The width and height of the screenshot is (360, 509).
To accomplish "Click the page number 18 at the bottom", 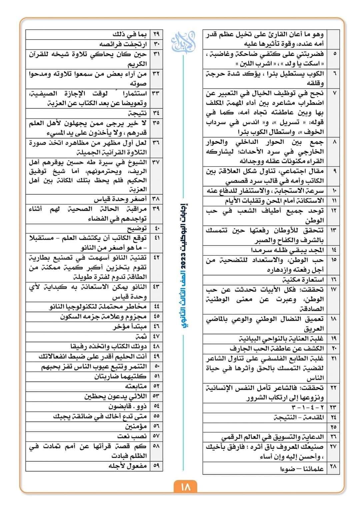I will (x=185, y=487).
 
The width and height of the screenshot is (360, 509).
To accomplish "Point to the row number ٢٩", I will (x=156, y=34).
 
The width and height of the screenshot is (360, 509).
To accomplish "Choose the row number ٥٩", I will (x=156, y=466).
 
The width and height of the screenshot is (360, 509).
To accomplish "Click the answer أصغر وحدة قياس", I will (x=120, y=199).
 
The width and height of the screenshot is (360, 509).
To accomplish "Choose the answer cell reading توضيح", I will (x=137, y=229).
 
